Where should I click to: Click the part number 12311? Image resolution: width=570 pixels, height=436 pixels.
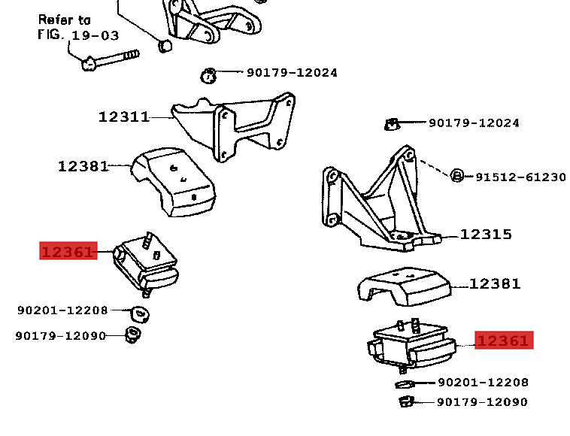(x=123, y=117)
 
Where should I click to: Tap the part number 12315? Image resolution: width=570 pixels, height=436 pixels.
(x=486, y=235)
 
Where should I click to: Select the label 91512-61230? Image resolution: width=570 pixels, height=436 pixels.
(x=520, y=177)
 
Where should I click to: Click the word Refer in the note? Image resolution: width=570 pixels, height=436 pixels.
(x=54, y=20)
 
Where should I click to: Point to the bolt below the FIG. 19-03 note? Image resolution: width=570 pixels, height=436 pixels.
(x=110, y=59)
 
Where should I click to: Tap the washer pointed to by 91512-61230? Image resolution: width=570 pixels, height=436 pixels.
(x=456, y=176)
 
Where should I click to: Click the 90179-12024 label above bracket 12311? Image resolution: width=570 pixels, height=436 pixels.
(x=292, y=73)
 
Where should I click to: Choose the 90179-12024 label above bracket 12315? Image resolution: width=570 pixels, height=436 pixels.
(x=474, y=123)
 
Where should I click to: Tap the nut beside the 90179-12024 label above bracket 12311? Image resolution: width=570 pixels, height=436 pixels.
(x=209, y=74)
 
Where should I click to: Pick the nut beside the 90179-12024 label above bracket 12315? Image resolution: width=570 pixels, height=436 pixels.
(x=391, y=123)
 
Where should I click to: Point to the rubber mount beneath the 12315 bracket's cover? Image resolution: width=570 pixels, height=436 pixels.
(x=410, y=347)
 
